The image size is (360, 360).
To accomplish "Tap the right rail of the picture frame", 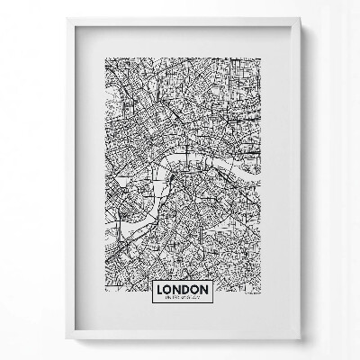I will coord(297,180).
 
